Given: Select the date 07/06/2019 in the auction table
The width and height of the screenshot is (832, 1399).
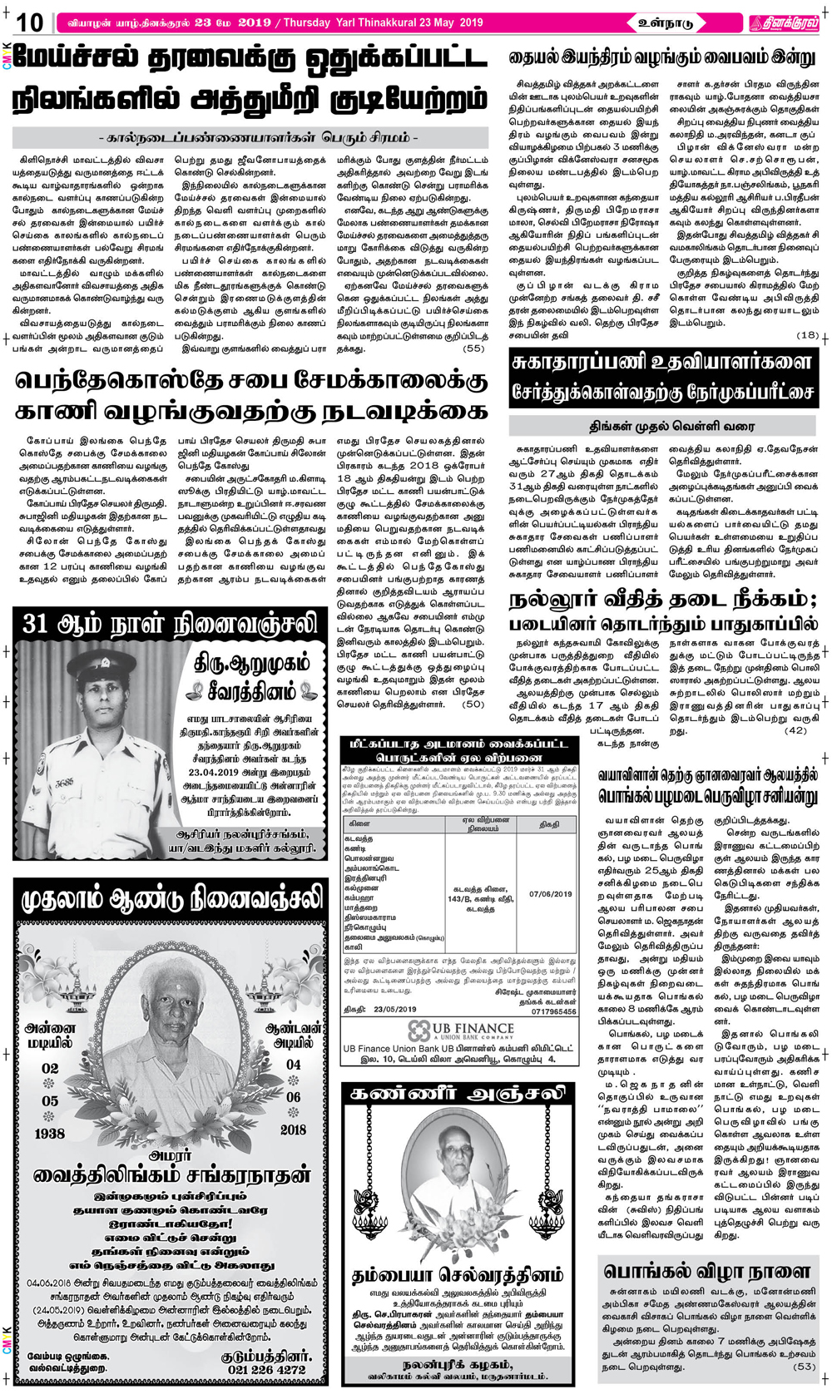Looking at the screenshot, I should point(550,894).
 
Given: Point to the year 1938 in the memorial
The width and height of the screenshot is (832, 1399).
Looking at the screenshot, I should point(50,1134).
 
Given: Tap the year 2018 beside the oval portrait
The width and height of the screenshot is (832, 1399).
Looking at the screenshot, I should point(293,1130).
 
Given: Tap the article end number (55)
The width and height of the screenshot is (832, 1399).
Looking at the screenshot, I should point(473,349).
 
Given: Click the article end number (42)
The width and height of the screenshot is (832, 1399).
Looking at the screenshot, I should point(795,730).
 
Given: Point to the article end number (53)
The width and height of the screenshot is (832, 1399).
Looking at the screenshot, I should point(804,1366).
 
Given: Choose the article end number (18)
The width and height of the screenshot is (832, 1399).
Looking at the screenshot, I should point(807,334).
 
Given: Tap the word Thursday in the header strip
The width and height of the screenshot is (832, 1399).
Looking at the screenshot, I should point(308,22).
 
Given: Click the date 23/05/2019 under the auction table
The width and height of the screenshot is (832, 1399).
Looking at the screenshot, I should point(396,1010).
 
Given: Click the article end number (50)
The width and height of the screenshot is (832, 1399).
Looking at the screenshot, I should point(473,704).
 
